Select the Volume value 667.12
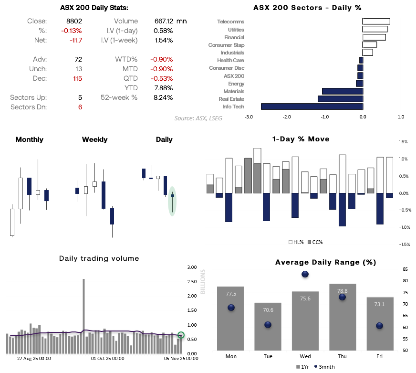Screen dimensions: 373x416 163,21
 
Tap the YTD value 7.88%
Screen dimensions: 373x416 164,87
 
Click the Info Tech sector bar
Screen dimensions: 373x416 312,107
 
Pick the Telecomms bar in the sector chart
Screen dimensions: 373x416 376,21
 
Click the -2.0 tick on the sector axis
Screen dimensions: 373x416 287,116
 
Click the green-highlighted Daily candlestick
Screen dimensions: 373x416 173,196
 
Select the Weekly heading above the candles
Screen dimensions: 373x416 94,139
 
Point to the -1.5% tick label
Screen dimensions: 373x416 403,244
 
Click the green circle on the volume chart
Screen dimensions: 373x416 181,335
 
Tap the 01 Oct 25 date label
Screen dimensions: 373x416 108,358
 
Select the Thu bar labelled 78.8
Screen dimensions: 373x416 343,318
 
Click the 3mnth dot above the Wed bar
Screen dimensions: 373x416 305,274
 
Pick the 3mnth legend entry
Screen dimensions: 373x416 324,366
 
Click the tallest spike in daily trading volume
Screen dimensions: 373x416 83,306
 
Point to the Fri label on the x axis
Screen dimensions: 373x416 380,356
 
